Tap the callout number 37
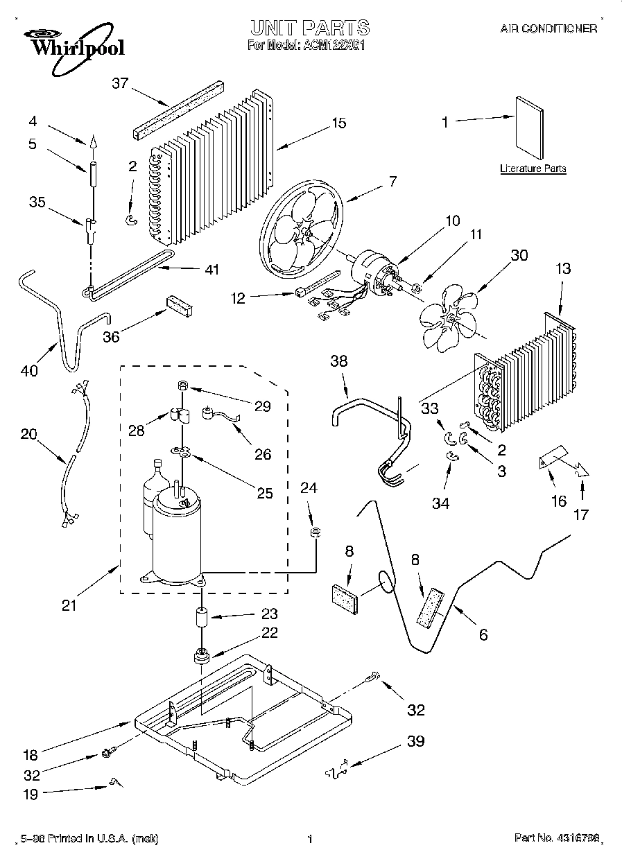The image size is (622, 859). pyautogui.click(x=121, y=84)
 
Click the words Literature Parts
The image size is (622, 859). pyautogui.click(x=533, y=168)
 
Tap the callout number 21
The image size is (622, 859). pyautogui.click(x=69, y=605)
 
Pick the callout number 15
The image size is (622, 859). pyautogui.click(x=338, y=123)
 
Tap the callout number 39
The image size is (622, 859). pyautogui.click(x=415, y=741)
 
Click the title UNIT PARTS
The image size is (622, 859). pyautogui.click(x=309, y=28)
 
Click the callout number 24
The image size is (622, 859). pyautogui.click(x=309, y=489)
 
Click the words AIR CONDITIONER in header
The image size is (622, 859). pyautogui.click(x=548, y=29)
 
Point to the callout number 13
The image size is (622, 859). pyautogui.click(x=563, y=268)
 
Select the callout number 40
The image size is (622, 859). pyautogui.click(x=29, y=371)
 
